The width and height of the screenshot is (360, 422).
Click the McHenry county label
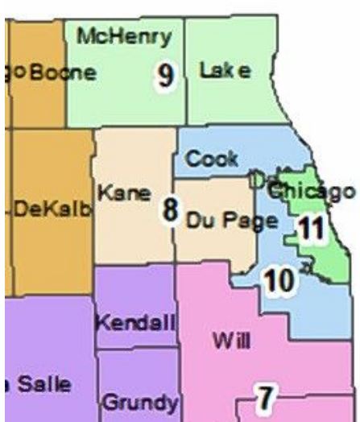pos(124,36)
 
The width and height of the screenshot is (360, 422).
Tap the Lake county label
pos(225,72)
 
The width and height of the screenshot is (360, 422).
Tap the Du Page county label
pos(226,219)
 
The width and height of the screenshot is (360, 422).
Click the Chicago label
pos(311,191)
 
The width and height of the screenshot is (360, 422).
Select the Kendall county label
pos(135,324)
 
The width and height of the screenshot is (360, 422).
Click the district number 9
pos(165,77)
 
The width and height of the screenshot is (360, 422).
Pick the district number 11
pos(310,230)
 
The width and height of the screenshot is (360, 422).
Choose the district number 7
pos(266,396)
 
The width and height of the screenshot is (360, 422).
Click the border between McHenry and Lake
pos(185,72)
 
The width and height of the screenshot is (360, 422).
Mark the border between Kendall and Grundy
pos(137,348)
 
